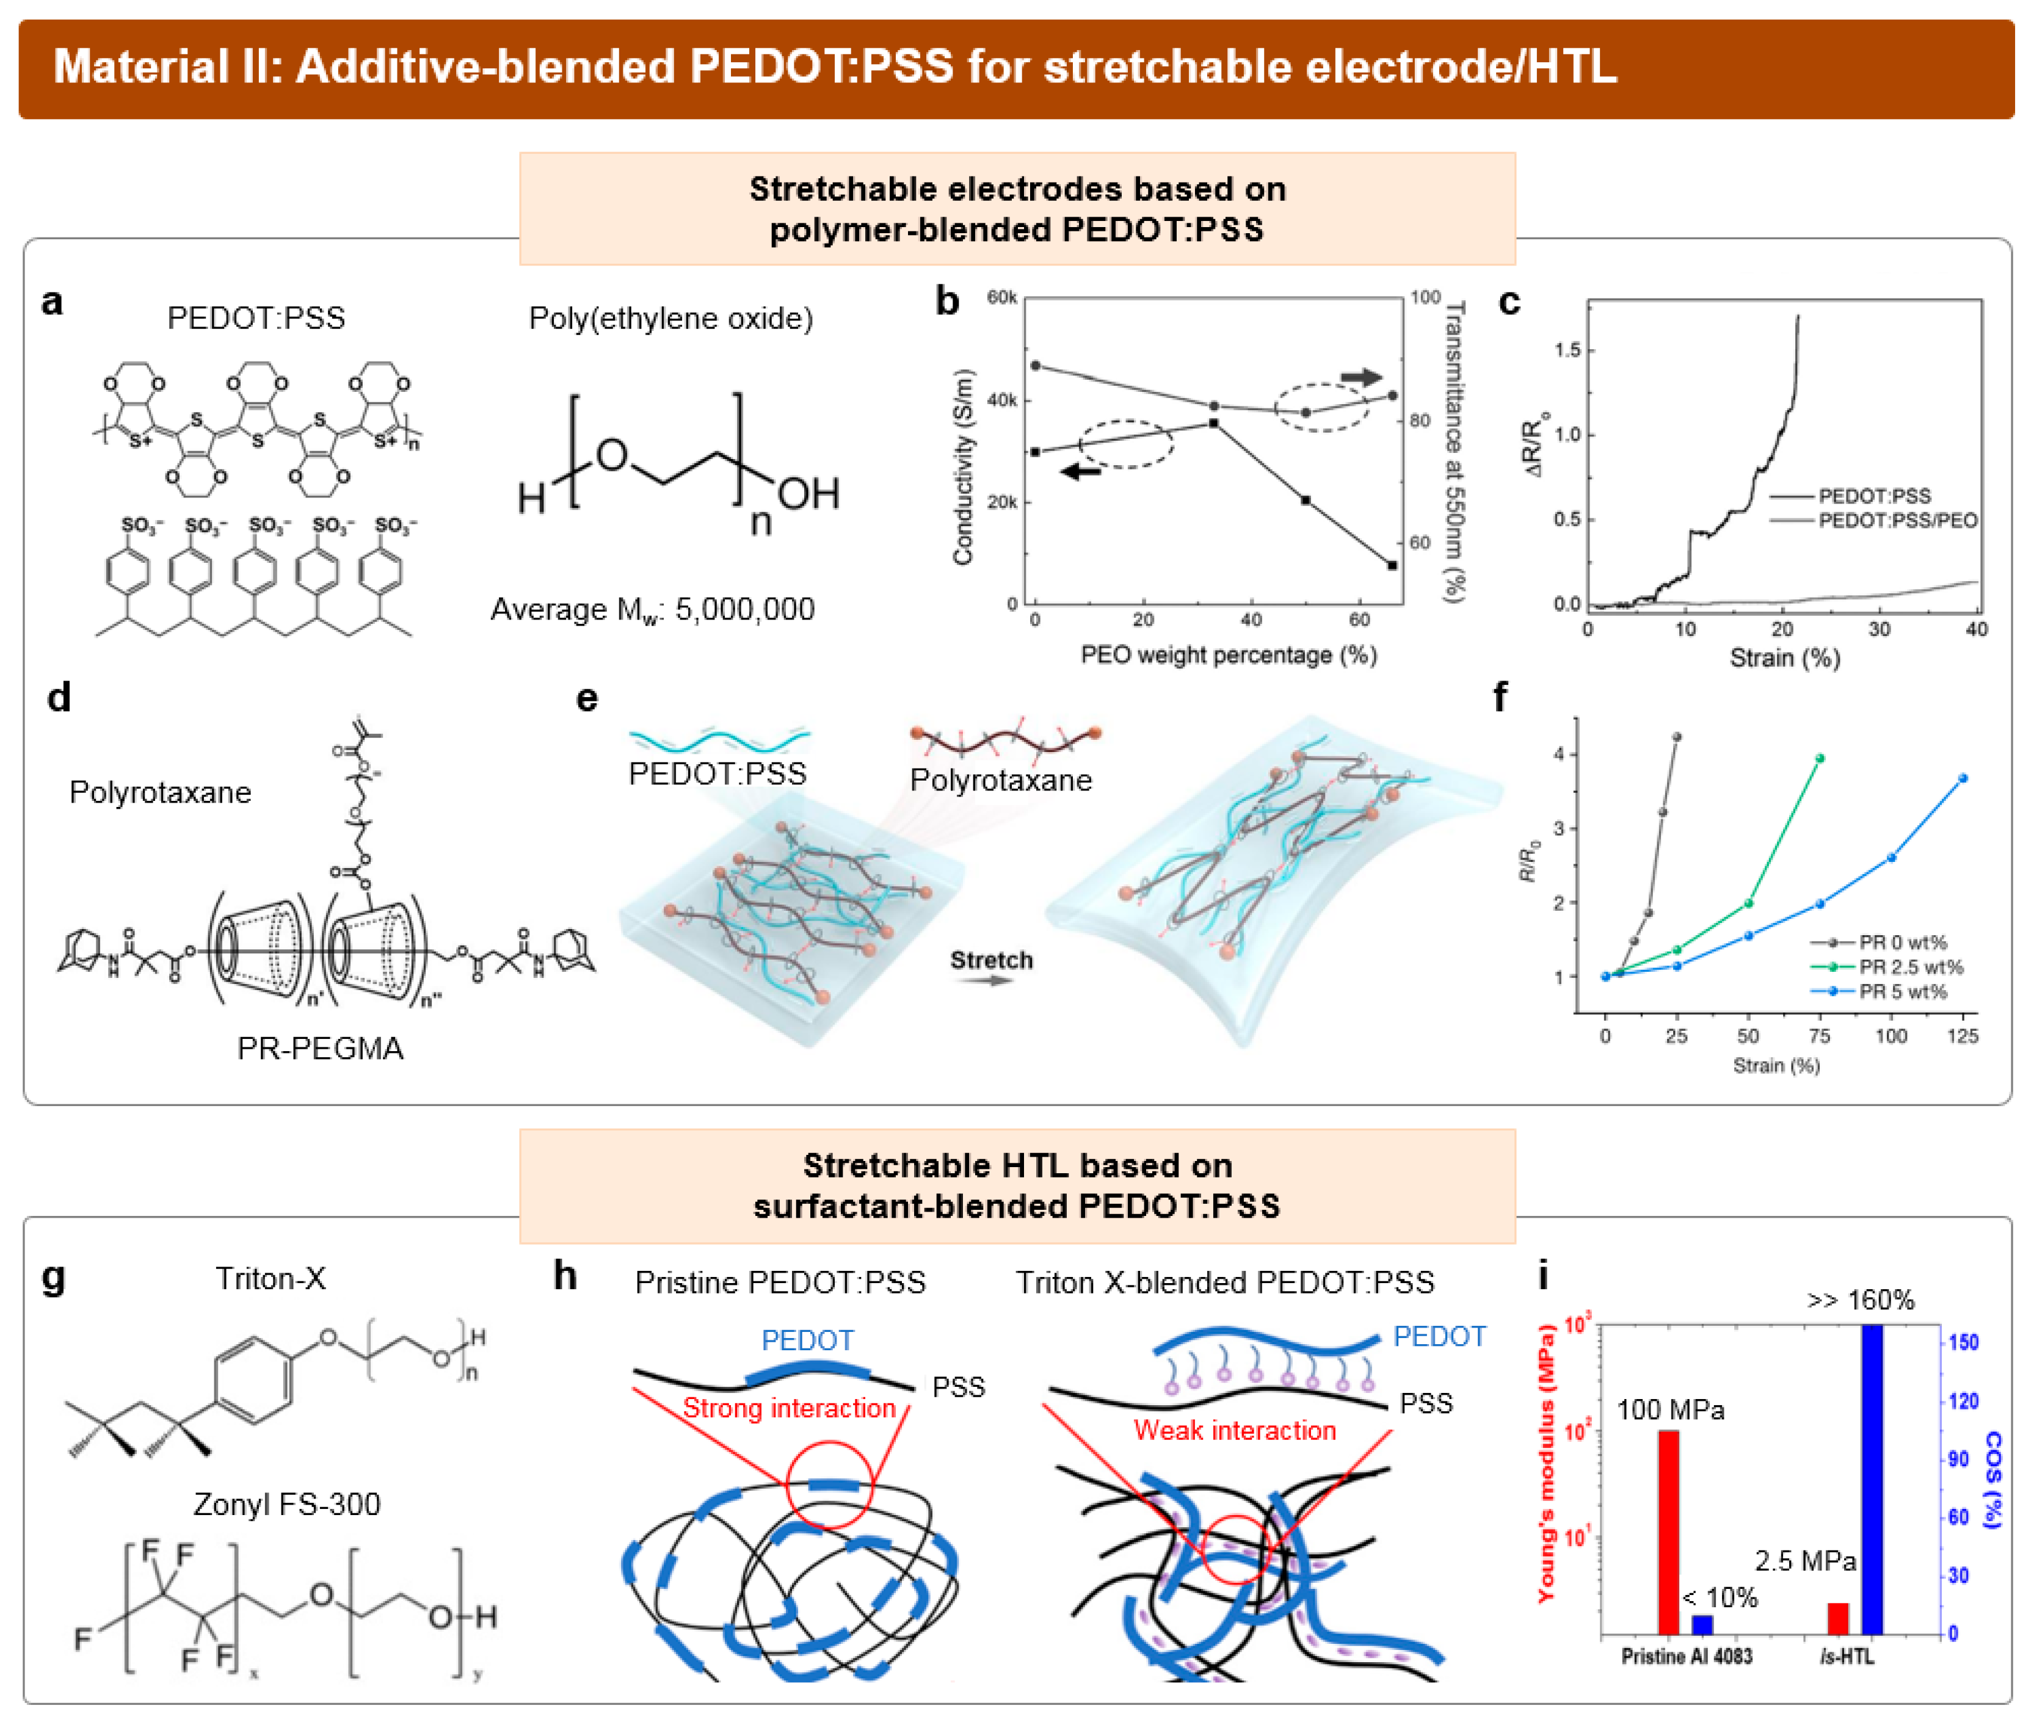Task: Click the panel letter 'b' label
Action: (x=946, y=301)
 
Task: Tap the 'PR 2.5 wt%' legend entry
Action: (x=1910, y=967)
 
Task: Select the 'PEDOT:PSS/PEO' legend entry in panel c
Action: (x=1896, y=520)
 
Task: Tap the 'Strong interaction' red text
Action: (x=788, y=1408)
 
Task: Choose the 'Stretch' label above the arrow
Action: (x=991, y=960)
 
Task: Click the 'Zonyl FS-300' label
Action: (x=286, y=1504)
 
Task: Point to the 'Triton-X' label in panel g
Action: (x=271, y=1278)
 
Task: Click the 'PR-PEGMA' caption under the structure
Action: (x=320, y=1048)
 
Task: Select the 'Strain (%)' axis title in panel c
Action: (x=1784, y=657)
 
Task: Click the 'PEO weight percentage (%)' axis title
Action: (x=1228, y=655)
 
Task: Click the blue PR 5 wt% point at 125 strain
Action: (x=1963, y=778)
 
